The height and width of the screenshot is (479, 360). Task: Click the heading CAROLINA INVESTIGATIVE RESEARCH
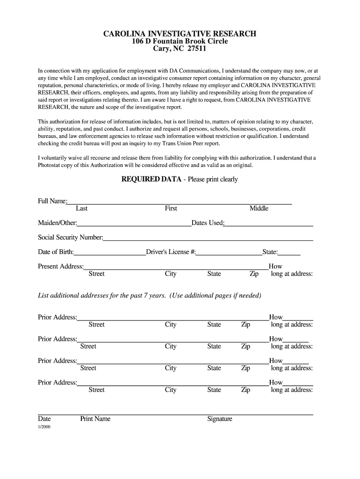tap(180, 34)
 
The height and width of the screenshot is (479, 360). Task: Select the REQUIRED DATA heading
tap(151, 179)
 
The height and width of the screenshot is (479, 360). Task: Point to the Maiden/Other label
tap(58, 223)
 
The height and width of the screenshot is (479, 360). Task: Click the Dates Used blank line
tap(269, 224)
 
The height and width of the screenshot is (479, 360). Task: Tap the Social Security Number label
tap(70, 237)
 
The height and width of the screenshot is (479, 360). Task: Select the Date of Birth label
tap(56, 252)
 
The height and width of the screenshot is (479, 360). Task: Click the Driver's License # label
tap(171, 252)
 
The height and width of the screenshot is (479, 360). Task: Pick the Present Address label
tap(61, 267)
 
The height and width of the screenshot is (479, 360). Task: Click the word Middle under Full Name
tap(259, 209)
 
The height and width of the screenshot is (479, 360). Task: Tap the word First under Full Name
tap(171, 209)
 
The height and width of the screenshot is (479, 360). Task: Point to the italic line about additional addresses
tap(149, 296)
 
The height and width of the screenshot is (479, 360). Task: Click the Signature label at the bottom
tap(220, 419)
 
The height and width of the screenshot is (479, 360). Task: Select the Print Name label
tap(95, 419)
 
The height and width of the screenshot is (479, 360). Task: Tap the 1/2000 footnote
tap(44, 427)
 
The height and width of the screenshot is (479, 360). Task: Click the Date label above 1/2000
tap(44, 419)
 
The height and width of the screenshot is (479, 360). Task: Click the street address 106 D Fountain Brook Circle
tap(180, 41)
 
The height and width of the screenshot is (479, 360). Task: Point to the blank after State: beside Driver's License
tap(289, 253)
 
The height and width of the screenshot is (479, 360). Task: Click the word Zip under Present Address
tap(254, 274)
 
